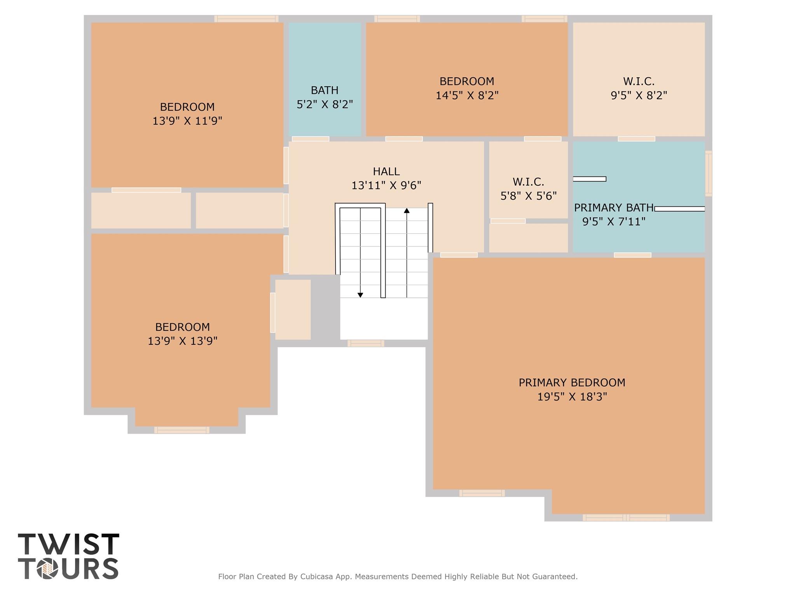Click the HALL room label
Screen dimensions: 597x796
coord(386,171)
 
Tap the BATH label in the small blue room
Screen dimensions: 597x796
coord(325,90)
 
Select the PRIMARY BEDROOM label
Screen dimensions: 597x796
coord(572,382)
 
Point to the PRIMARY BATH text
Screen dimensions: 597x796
coord(614,208)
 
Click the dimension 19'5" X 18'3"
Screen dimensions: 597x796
coord(572,397)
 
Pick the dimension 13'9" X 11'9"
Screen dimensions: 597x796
coord(187,121)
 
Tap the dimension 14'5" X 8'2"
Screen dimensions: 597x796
coord(467,95)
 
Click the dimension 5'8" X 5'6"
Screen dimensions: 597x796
coord(528,196)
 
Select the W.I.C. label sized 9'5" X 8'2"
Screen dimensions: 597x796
coord(639,82)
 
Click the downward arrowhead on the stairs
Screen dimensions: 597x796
coord(360,295)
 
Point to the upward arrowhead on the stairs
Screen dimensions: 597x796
coord(407,211)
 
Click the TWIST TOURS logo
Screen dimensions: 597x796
coord(68,556)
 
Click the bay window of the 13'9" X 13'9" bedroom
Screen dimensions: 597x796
coord(182,430)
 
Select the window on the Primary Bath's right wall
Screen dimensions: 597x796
coord(709,173)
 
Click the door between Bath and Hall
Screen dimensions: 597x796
coord(310,139)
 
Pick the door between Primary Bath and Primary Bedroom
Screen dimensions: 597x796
coord(632,255)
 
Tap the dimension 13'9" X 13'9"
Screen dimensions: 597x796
coord(182,341)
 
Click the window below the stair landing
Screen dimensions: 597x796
coord(366,343)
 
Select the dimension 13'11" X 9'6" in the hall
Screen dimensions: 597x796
coord(386,185)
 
